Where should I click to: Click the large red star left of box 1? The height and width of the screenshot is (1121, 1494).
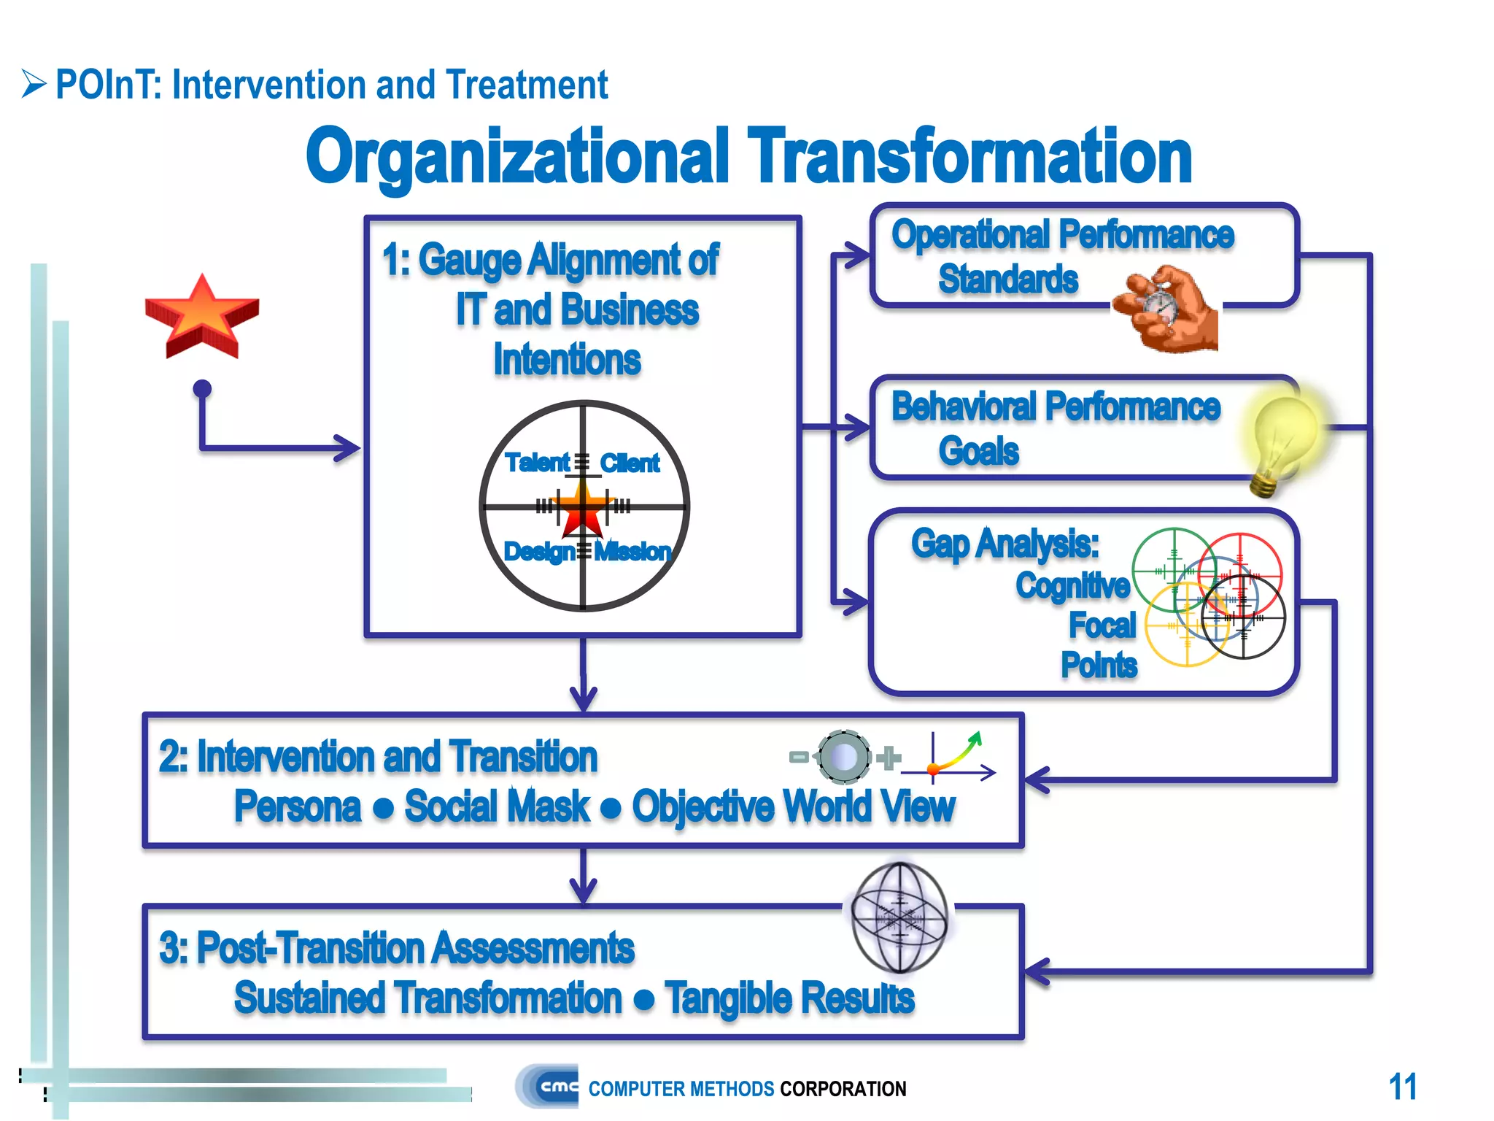point(202,317)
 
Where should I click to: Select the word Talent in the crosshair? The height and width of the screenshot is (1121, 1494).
point(537,463)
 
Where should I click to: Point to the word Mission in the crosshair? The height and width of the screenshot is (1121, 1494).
point(632,552)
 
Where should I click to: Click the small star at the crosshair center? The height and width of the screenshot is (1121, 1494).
point(583,508)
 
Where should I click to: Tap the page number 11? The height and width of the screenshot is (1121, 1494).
point(1402,1087)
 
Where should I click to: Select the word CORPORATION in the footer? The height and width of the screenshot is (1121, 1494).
point(843,1089)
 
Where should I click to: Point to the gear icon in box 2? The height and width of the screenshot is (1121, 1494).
point(844,757)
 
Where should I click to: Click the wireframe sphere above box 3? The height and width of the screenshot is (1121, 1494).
point(900,917)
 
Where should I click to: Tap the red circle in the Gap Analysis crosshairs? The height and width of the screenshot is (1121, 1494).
point(1240,573)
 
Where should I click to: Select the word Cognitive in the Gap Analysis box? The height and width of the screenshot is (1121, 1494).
point(1072,585)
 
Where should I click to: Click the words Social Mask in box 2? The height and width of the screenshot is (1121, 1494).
point(497,807)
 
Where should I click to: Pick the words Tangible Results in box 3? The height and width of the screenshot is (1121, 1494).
point(789,998)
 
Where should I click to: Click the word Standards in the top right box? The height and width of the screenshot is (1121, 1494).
point(1008,280)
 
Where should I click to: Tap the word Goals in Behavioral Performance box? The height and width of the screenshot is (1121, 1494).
point(978,451)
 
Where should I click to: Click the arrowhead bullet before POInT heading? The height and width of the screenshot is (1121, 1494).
point(34,84)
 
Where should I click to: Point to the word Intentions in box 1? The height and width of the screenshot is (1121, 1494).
point(567,360)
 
